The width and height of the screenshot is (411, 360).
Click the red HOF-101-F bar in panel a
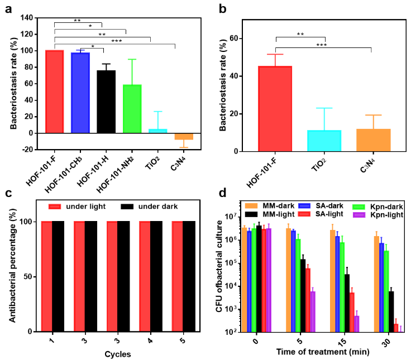pyautogui.click(x=54, y=92)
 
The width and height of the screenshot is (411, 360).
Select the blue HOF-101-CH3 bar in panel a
pyautogui.click(x=80, y=93)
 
